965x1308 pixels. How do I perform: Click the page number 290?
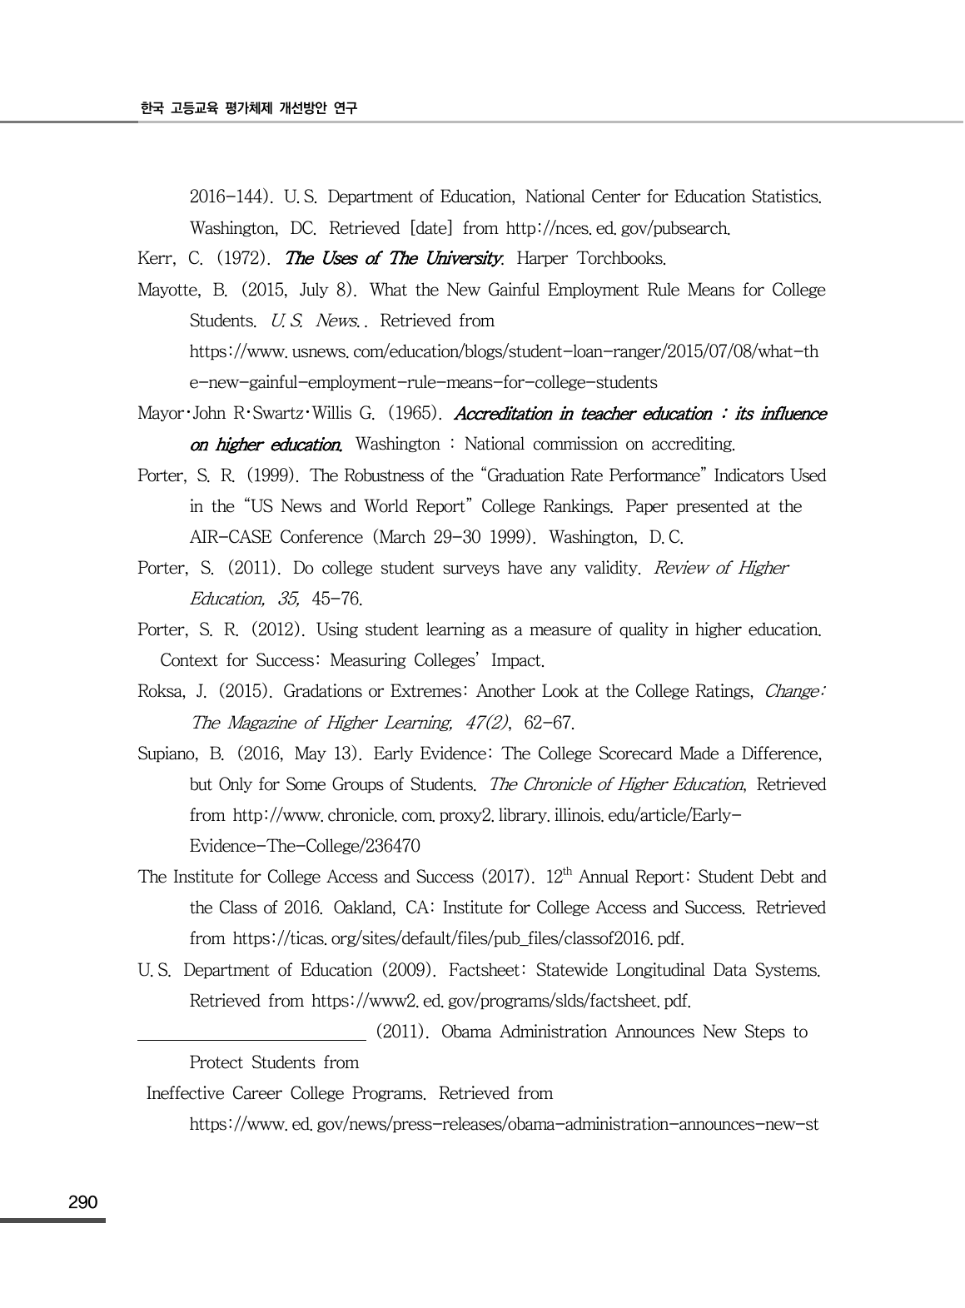click(83, 1202)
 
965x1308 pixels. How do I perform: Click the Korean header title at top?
click(248, 108)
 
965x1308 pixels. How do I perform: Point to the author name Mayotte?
click(170, 291)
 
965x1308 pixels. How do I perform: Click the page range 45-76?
click(336, 599)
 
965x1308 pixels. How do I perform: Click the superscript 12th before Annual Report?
click(559, 877)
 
